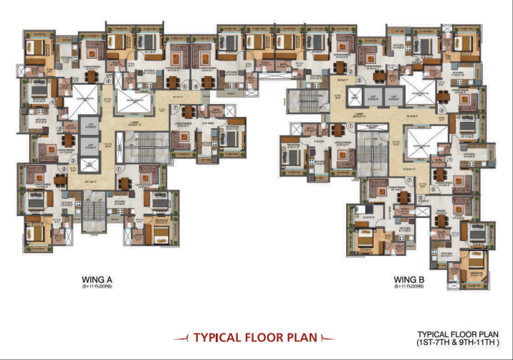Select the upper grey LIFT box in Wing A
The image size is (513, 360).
point(90,127)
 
